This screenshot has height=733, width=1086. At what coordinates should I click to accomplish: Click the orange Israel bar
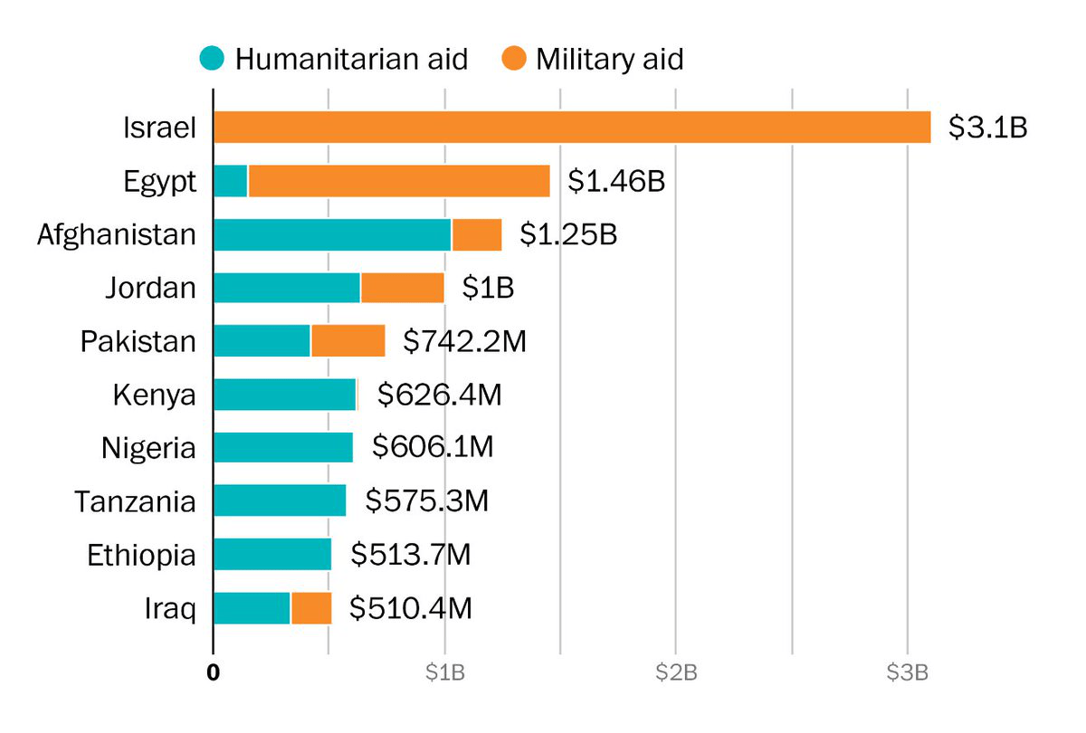click(x=572, y=128)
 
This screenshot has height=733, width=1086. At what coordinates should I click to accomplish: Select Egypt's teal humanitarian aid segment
click(x=231, y=181)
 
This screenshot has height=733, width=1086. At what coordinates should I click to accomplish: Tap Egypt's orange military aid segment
click(x=398, y=181)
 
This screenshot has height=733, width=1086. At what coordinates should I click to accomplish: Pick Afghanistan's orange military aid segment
click(x=477, y=234)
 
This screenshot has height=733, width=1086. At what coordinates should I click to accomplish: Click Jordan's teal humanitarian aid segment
click(x=287, y=288)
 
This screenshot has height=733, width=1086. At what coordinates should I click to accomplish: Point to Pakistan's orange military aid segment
click(x=348, y=341)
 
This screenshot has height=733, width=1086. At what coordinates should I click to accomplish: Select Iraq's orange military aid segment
click(x=311, y=608)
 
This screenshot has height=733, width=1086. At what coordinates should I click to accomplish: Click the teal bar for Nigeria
click(x=283, y=448)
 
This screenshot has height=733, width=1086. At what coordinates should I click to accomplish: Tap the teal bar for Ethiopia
click(x=272, y=555)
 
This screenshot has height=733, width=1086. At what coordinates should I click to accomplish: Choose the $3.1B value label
click(x=987, y=128)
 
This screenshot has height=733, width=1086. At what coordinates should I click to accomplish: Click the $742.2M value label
click(x=464, y=341)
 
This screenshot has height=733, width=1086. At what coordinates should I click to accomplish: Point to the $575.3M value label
click(x=426, y=501)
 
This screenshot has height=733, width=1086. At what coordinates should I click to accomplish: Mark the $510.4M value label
click(x=411, y=608)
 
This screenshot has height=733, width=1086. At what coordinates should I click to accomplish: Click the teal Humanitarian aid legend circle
click(x=212, y=60)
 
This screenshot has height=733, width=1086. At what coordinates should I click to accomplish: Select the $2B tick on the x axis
click(x=676, y=672)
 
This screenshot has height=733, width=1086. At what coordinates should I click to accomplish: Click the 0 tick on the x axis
click(x=214, y=672)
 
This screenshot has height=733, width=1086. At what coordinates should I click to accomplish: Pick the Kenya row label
click(x=154, y=395)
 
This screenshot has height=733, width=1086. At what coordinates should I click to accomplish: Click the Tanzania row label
click(x=135, y=501)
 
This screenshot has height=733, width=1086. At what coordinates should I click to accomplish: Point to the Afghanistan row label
click(x=117, y=234)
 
